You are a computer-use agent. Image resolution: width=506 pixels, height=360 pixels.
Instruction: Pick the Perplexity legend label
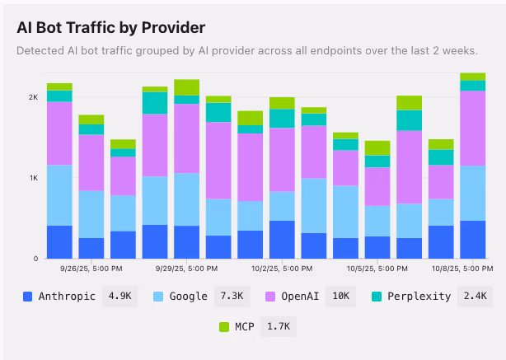[x=420, y=297]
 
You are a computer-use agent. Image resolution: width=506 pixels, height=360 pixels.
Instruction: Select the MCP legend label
[x=245, y=327]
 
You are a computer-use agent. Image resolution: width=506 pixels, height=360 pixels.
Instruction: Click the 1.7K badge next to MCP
[x=278, y=327]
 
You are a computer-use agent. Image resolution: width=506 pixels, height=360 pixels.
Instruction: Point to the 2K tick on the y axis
[x=33, y=97]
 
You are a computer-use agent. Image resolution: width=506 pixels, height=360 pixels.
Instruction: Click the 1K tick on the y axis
[x=33, y=178]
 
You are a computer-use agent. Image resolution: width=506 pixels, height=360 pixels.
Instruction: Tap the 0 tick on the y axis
[x=35, y=259]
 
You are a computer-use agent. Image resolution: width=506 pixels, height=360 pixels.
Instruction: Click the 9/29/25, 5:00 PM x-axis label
[x=186, y=269]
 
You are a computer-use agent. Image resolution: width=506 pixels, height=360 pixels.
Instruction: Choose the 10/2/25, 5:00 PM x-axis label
[x=281, y=269]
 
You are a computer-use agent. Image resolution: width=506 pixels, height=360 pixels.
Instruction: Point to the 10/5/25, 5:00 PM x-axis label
[x=376, y=269]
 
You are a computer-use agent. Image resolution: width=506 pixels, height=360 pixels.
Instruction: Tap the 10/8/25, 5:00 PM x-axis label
[x=456, y=269]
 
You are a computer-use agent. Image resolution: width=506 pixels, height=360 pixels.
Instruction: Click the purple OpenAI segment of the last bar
[x=472, y=128]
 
